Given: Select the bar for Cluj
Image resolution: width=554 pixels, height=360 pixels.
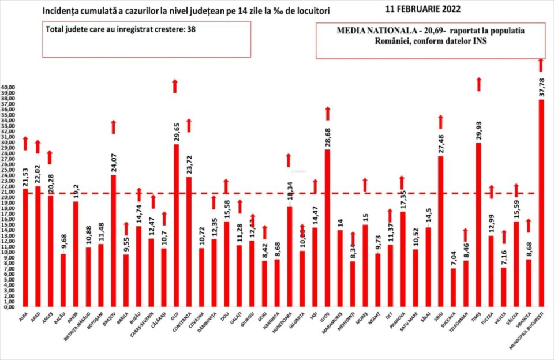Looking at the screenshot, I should pyautogui.click(x=175, y=225).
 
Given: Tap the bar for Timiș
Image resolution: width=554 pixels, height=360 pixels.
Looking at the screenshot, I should pyautogui.click(x=478, y=224).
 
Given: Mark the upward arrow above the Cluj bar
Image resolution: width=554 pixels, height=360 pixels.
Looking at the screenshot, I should pyautogui.click(x=175, y=86).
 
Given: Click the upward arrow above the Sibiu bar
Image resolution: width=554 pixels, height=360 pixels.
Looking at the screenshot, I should pyautogui.click(x=441, y=122).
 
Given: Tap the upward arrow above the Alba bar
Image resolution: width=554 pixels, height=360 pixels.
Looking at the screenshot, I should pyautogui.click(x=25, y=143).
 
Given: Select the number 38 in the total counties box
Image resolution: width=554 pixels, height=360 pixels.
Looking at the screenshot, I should pyautogui.click(x=190, y=29).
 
